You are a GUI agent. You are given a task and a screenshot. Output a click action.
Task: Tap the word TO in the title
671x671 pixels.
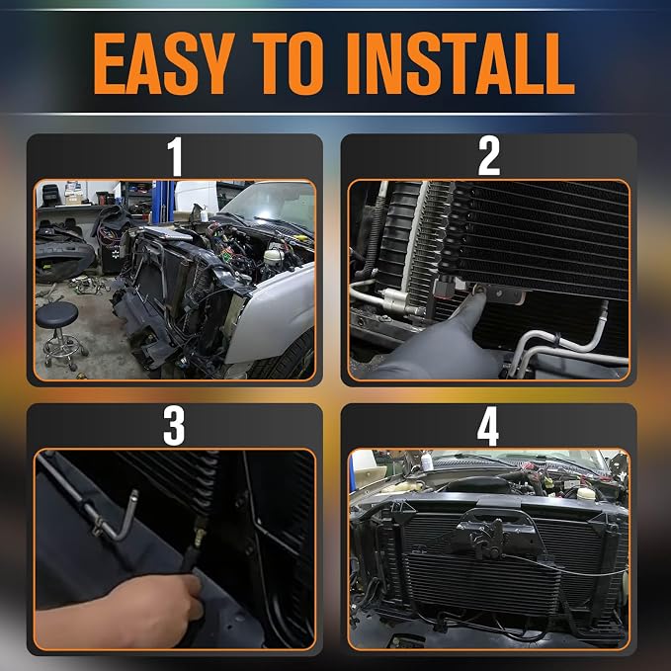click(288, 63)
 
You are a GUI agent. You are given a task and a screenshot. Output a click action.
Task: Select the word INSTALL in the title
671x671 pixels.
click(461, 63)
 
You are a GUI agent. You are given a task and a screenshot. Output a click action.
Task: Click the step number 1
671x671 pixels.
click(175, 156)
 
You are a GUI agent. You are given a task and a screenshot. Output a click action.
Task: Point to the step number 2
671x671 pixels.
click(489, 156)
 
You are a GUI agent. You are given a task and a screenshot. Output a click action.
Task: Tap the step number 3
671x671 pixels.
click(174, 426)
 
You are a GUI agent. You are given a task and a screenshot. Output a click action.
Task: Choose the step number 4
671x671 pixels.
click(488, 426)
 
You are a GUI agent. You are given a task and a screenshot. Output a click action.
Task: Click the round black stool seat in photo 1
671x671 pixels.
click(57, 314)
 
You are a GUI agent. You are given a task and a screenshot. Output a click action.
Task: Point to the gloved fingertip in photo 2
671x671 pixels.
click(479, 294)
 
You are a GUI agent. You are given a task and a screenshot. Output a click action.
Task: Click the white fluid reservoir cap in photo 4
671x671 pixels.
click(586, 493)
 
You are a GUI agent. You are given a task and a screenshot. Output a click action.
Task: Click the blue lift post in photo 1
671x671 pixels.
click(164, 202)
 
